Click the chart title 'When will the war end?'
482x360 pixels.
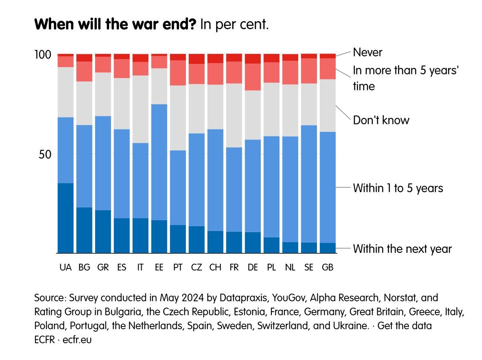[x=116, y=25]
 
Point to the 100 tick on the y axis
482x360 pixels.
[x=43, y=54]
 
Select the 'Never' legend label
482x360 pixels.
[x=367, y=52]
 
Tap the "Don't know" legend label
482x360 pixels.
[x=381, y=120]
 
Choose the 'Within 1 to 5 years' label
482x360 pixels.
[x=398, y=188]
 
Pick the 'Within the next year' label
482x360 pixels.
[x=402, y=249]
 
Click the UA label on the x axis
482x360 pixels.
[x=66, y=268]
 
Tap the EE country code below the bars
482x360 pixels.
[x=159, y=268]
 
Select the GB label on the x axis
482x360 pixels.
[x=328, y=268]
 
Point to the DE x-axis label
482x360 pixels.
[x=253, y=268]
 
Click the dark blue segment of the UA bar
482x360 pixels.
[x=66, y=218]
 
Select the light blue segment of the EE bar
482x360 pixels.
[x=159, y=162]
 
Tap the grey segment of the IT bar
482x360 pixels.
[x=140, y=109]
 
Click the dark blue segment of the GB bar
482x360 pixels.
[x=328, y=248]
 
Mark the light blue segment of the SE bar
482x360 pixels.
[x=309, y=184]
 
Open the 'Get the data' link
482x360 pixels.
[x=404, y=326]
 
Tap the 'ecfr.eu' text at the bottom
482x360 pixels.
[x=77, y=340]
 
